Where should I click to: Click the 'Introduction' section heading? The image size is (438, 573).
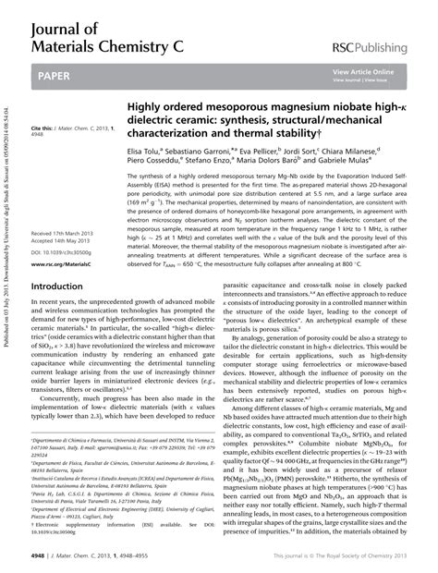[x=57, y=286]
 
